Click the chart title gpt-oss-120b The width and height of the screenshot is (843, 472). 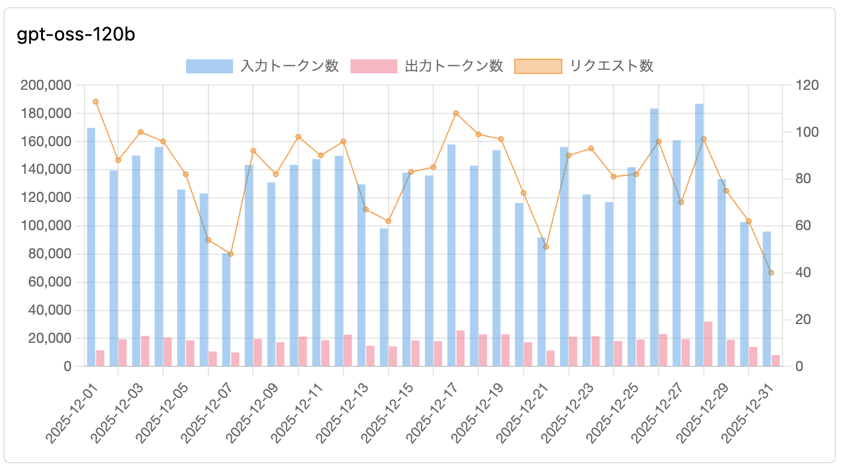point(76,35)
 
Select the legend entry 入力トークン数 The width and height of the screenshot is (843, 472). point(262,66)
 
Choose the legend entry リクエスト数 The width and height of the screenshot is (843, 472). point(584,66)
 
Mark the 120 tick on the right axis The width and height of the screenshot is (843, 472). point(807,85)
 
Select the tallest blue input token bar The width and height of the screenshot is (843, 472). point(699,235)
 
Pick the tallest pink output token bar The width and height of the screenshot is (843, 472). point(708,344)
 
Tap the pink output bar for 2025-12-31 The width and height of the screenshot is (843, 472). point(775,360)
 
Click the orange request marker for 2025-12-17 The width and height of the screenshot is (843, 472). point(456,113)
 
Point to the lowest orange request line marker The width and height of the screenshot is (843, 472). point(771,272)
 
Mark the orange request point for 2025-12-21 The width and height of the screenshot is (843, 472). point(546,247)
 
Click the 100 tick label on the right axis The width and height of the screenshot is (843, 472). point(807,132)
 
